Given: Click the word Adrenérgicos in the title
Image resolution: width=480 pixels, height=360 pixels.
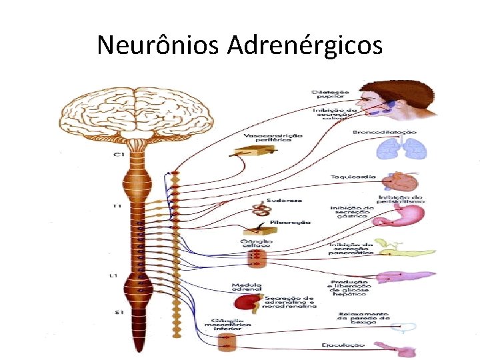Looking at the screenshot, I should (x=305, y=45).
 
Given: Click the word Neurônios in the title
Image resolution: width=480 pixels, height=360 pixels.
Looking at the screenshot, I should (x=158, y=45).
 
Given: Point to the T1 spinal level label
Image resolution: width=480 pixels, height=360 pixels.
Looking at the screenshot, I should (x=117, y=206).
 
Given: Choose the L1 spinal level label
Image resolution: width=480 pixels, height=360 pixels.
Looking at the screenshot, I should (x=115, y=275).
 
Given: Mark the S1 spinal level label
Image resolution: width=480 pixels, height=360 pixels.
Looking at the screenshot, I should (x=117, y=311).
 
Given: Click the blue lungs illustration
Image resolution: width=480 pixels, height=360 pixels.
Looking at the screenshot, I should (x=396, y=150).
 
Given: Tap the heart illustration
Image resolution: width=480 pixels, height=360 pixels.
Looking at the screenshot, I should (x=405, y=181).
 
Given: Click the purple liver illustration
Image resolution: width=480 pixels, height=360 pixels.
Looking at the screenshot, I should (x=405, y=275).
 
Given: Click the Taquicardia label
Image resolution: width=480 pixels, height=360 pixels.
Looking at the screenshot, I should (x=353, y=177).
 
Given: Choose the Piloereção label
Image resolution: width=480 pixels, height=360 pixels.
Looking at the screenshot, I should (x=289, y=222).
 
